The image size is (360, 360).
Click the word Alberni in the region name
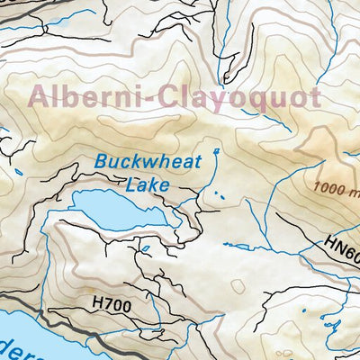86,96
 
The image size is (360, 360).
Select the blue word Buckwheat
147,165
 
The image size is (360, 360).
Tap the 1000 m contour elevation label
334,190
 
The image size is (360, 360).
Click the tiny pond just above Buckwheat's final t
216,150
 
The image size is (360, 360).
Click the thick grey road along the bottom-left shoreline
54,315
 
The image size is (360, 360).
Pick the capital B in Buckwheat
100,165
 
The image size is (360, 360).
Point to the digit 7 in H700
107,307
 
